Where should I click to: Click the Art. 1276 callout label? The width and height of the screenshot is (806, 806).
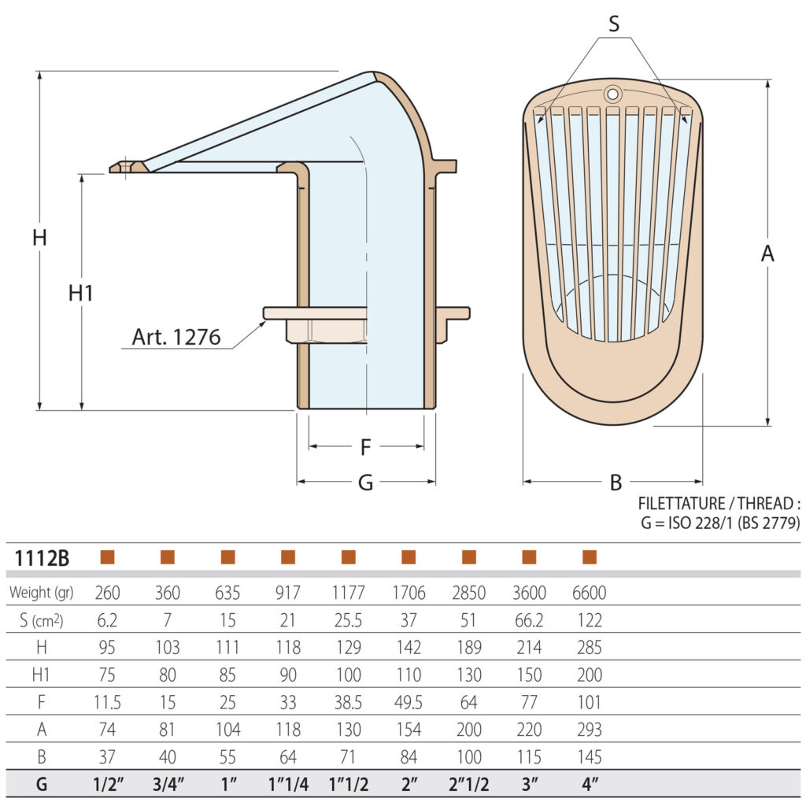(176, 337)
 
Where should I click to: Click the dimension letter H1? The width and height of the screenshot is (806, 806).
(80, 293)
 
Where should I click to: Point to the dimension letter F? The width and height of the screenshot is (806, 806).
(365, 447)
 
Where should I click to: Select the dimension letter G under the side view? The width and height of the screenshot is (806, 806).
(365, 483)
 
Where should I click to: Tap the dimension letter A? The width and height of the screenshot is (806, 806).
(767, 254)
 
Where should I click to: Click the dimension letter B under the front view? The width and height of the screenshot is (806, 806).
(616, 483)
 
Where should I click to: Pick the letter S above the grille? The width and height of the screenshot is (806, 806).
(613, 24)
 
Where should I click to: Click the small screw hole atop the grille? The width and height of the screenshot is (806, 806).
(612, 94)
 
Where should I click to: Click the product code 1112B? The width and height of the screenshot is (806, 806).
(42, 559)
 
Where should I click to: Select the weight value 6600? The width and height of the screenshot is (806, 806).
(589, 593)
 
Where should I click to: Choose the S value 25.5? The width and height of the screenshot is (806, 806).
(348, 620)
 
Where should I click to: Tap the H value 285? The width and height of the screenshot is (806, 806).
(589, 648)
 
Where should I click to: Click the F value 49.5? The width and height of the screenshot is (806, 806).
(408, 703)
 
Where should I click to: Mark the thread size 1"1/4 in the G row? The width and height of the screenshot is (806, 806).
(288, 786)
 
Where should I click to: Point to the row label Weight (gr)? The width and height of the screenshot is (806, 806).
(41, 593)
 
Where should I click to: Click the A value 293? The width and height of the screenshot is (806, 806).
(589, 730)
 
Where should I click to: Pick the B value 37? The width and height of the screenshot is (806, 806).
(107, 758)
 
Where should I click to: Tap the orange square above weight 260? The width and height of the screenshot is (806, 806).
(108, 557)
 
